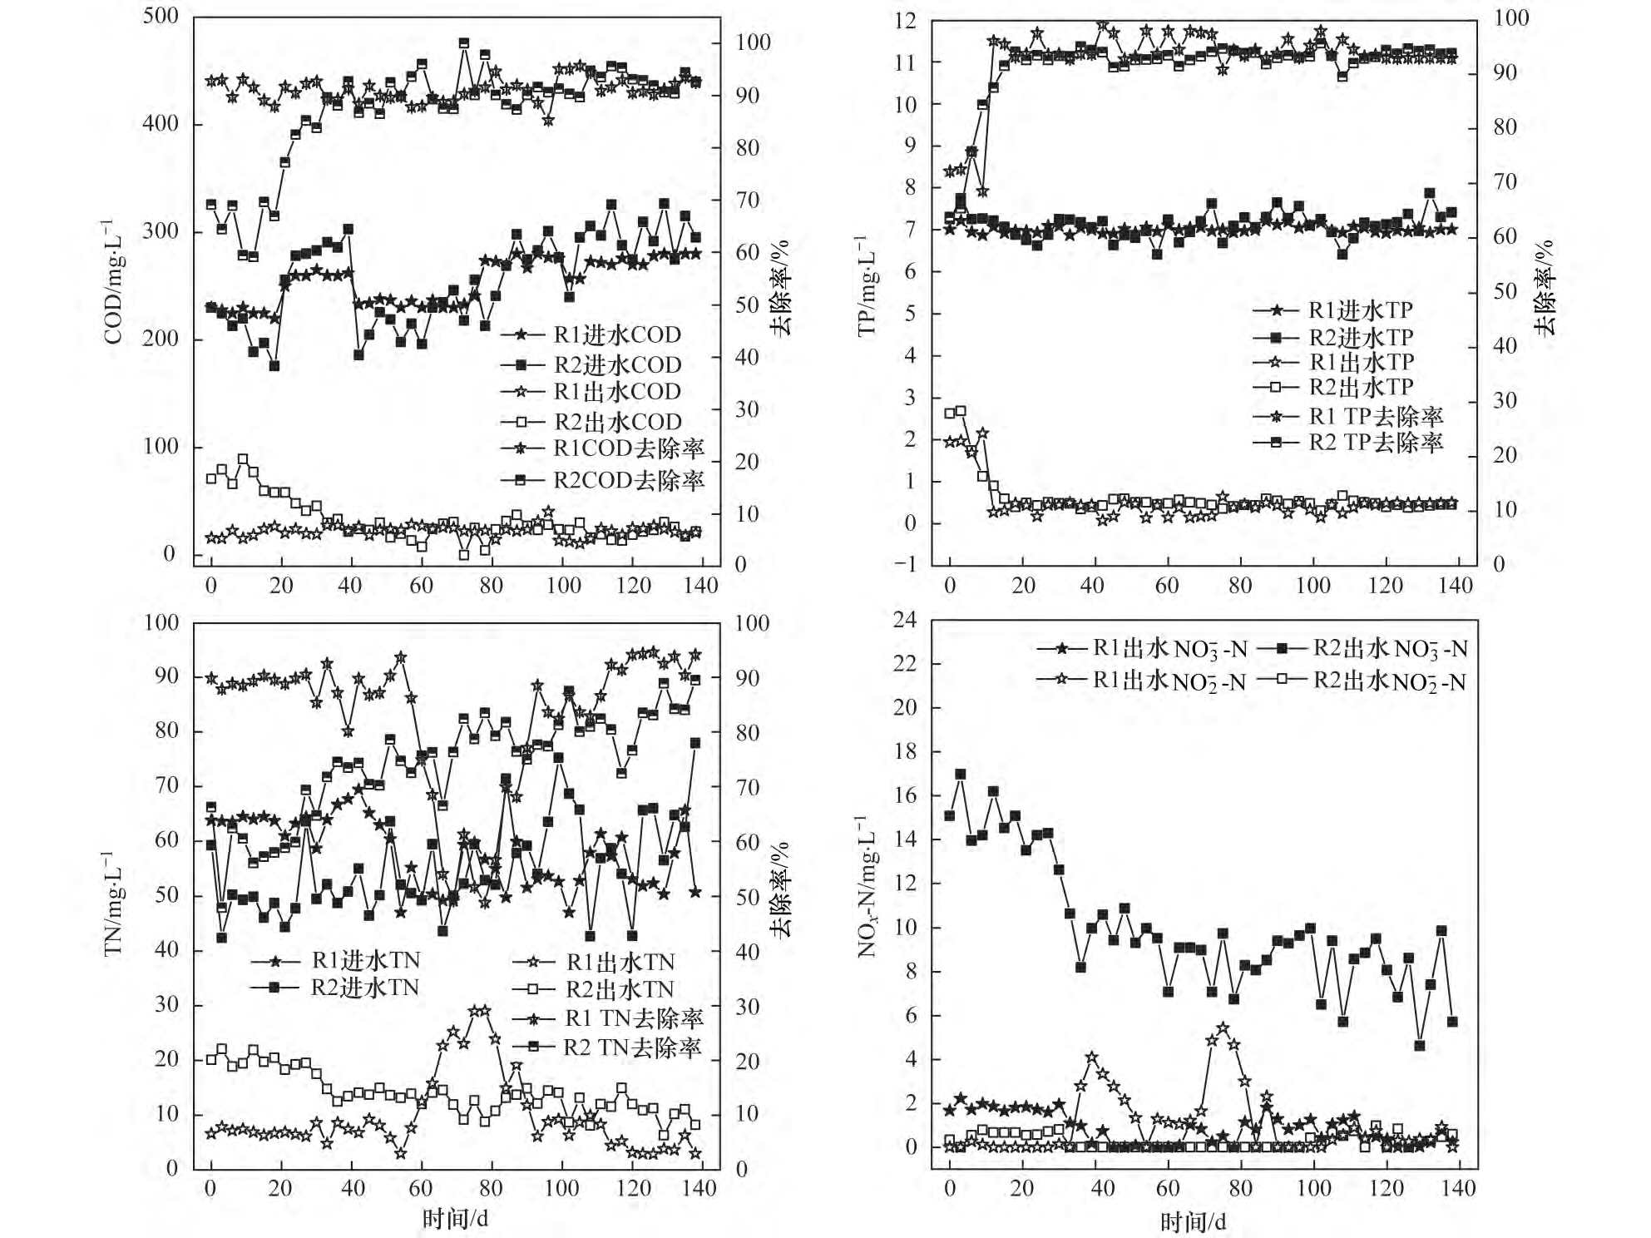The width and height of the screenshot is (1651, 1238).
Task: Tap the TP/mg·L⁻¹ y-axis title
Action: coord(867,285)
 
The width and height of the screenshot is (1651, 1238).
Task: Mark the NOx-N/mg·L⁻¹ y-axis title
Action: coord(867,886)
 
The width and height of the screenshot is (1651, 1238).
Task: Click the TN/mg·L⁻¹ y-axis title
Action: coord(112,903)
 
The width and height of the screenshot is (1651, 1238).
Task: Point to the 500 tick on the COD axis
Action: coord(161,16)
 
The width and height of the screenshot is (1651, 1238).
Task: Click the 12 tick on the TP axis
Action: coord(906,21)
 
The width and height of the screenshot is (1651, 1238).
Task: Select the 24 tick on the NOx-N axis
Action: coord(906,620)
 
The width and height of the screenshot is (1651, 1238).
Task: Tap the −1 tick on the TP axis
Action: coord(902,564)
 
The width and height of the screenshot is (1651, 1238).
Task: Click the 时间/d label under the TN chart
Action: coord(455,1219)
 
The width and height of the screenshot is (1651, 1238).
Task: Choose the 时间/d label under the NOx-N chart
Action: coord(1194,1221)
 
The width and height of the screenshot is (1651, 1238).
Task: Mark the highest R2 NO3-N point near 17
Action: coord(961,774)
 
